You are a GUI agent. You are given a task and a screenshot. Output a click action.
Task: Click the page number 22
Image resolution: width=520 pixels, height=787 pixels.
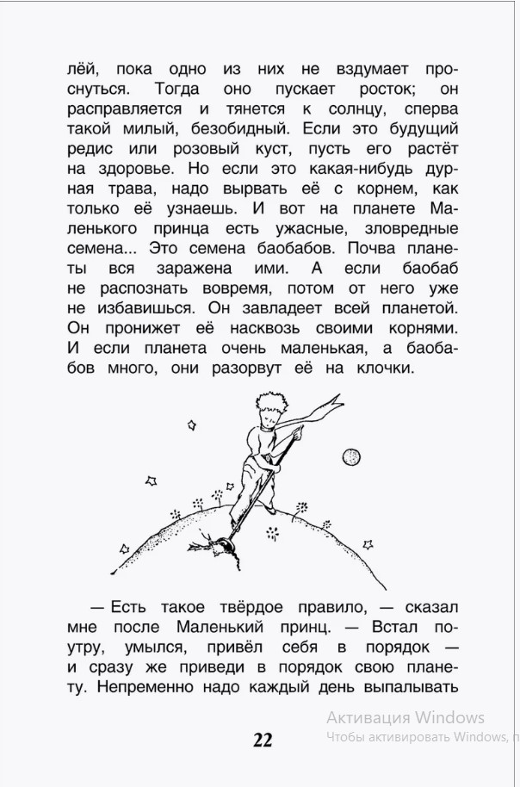coord(263,741)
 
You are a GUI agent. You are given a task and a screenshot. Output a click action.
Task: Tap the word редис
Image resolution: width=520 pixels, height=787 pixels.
coord(90,150)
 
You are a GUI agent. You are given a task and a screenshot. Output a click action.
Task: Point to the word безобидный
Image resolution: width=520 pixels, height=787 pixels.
coord(240,129)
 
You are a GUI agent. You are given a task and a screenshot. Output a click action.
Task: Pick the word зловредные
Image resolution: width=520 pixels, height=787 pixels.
coord(411,229)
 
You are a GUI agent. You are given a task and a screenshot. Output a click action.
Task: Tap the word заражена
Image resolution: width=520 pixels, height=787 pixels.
coord(195,269)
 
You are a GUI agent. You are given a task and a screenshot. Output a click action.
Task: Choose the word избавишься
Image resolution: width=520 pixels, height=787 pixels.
coord(146,308)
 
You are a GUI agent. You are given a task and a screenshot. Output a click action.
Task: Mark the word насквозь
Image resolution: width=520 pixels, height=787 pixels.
coord(264,329)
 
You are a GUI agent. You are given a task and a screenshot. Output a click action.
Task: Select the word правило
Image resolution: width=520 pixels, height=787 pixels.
coord(333,608)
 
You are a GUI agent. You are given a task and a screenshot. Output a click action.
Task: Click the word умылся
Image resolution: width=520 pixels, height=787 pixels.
coord(156,648)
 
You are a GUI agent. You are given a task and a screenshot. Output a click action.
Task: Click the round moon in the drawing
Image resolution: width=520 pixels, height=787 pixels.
coord(351,457)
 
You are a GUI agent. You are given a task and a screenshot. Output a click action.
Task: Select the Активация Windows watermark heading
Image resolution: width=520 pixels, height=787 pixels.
coord(405,718)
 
